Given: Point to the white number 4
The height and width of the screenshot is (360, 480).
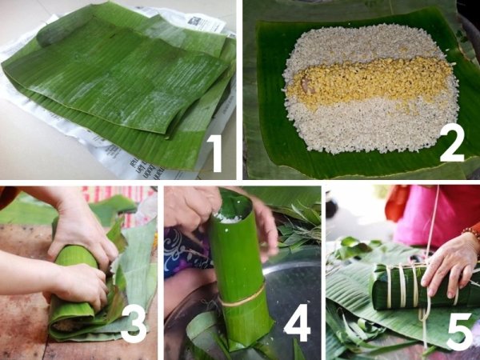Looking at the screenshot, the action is [x=298, y=323].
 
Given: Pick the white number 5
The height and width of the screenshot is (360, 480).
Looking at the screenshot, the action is [x=459, y=331].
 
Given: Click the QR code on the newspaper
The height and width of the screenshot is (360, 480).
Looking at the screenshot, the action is [x=195, y=21].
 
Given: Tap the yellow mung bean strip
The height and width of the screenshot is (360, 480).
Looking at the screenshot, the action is [x=369, y=81].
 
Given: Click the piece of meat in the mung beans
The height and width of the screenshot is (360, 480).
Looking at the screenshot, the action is [x=307, y=85].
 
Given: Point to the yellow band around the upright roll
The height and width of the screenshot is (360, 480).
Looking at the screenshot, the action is [x=242, y=297].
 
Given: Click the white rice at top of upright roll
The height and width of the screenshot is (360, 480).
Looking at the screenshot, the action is [x=226, y=217].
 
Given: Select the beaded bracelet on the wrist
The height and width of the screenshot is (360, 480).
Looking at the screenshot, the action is [x=471, y=231].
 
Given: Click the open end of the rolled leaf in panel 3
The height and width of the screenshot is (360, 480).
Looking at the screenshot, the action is [x=66, y=325].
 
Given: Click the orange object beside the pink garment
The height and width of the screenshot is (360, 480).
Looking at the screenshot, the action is [x=397, y=203].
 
